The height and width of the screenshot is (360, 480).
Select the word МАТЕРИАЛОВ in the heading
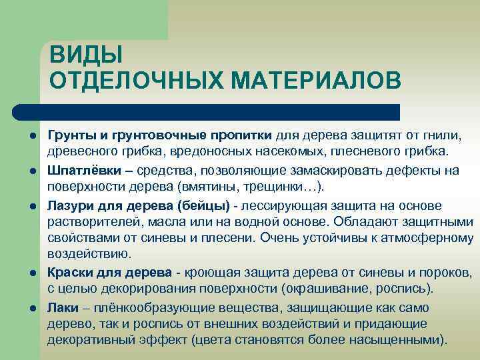coord(316,80)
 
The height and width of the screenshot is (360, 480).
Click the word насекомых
coord(300,153)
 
